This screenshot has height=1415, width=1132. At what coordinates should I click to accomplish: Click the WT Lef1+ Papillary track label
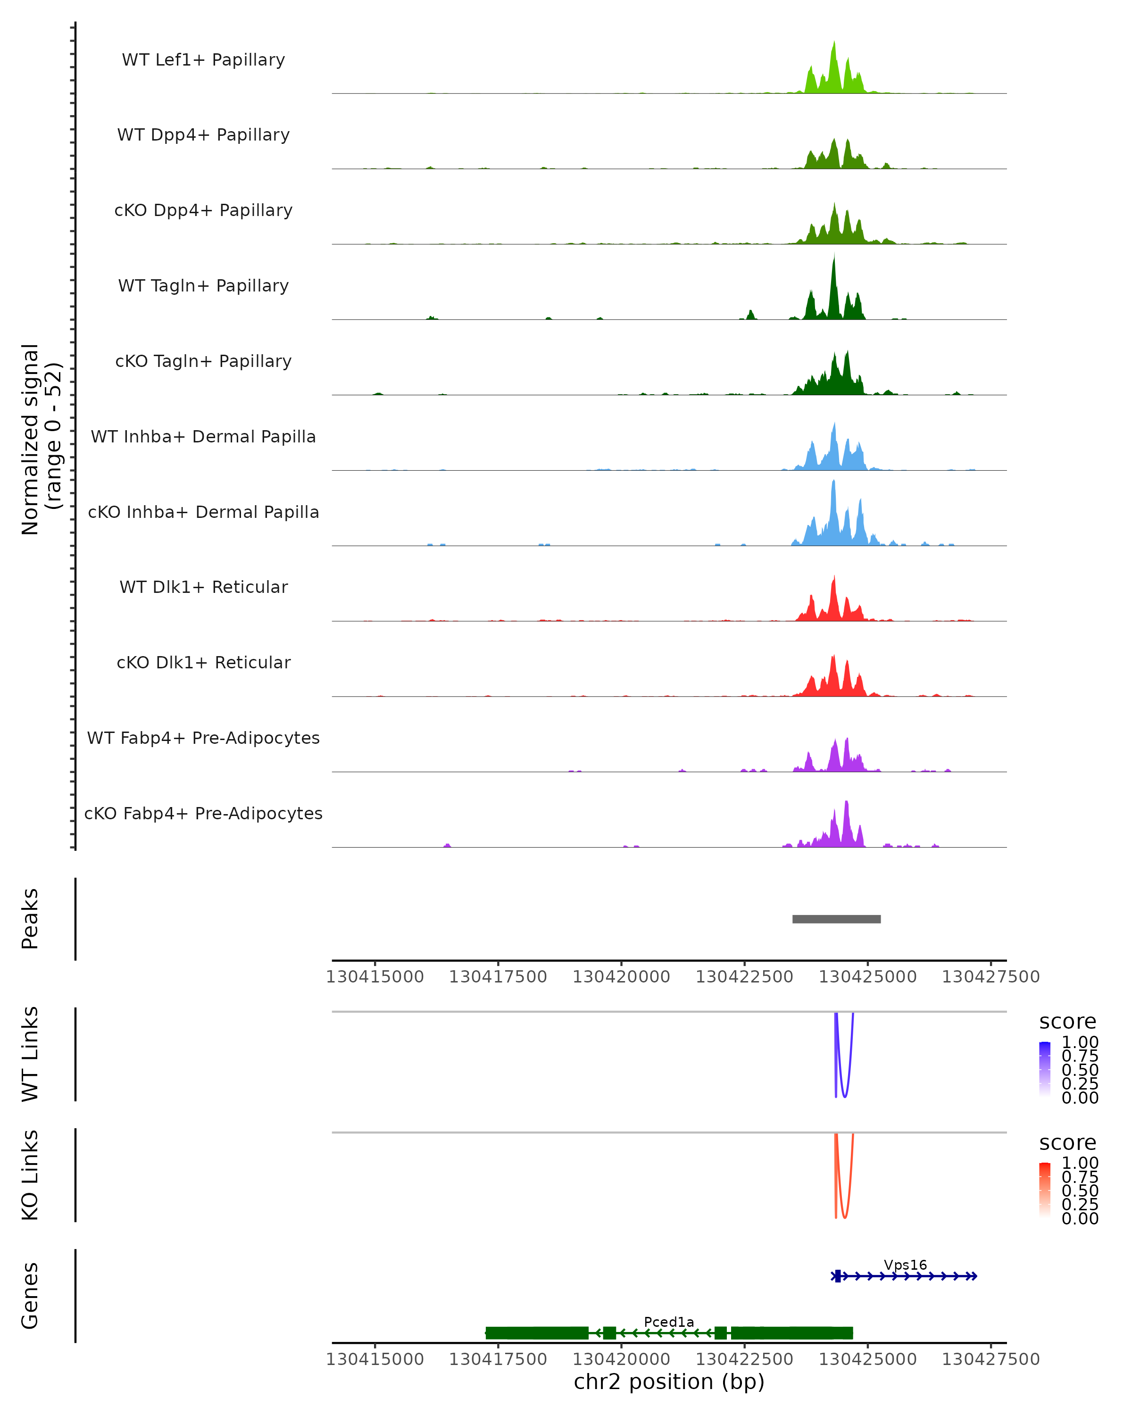203,60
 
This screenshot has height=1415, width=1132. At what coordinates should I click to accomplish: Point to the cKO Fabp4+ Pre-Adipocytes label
203,813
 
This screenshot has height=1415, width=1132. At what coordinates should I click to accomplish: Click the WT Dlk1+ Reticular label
203,587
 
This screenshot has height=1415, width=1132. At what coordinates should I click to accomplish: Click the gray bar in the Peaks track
836,919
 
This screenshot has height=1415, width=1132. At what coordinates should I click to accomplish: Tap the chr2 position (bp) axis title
669,1382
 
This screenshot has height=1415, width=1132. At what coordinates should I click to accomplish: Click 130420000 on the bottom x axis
621,1359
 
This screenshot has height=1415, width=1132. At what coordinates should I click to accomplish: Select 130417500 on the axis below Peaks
498,977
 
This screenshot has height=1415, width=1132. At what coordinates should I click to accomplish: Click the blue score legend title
1068,1022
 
